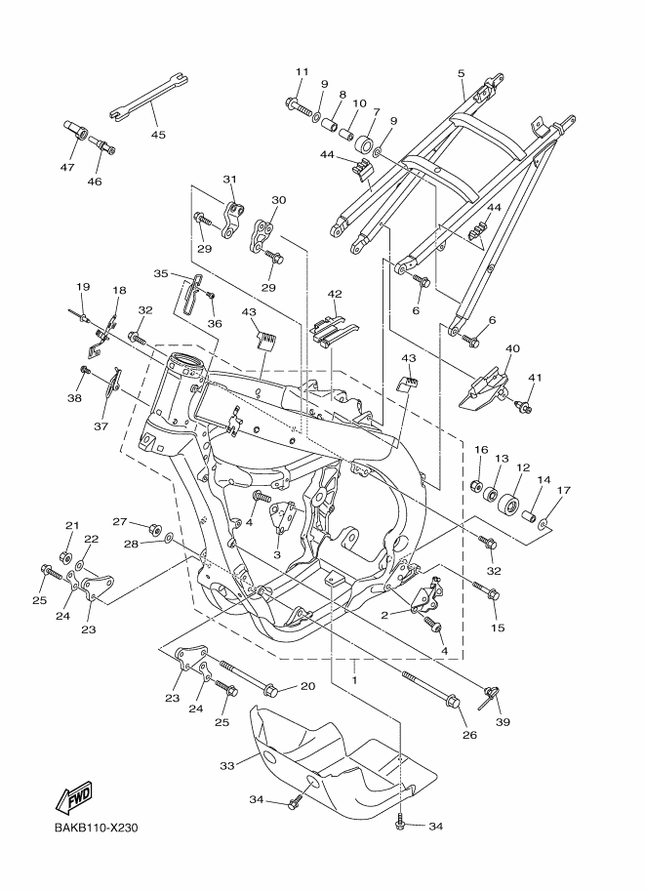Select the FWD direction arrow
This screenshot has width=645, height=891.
coord(75,799)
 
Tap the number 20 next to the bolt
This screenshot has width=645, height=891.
coord(306,686)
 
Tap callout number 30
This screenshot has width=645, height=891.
coord(278,200)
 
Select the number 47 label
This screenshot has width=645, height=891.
coord(67,168)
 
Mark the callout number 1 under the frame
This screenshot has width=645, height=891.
coord(355,679)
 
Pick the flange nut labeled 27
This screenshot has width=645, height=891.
coord(153,529)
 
